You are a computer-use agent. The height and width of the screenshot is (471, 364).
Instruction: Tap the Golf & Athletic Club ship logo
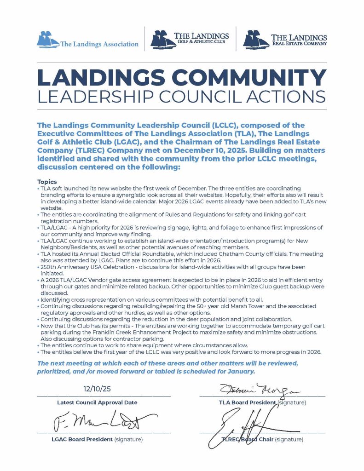point(163,39)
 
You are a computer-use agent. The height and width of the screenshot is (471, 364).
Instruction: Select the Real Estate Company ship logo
point(256,39)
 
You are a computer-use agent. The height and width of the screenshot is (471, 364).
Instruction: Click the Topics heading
point(47,182)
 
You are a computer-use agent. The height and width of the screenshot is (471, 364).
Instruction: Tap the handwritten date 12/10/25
point(97,389)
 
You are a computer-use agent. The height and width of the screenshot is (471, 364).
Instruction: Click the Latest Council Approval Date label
point(97,402)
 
